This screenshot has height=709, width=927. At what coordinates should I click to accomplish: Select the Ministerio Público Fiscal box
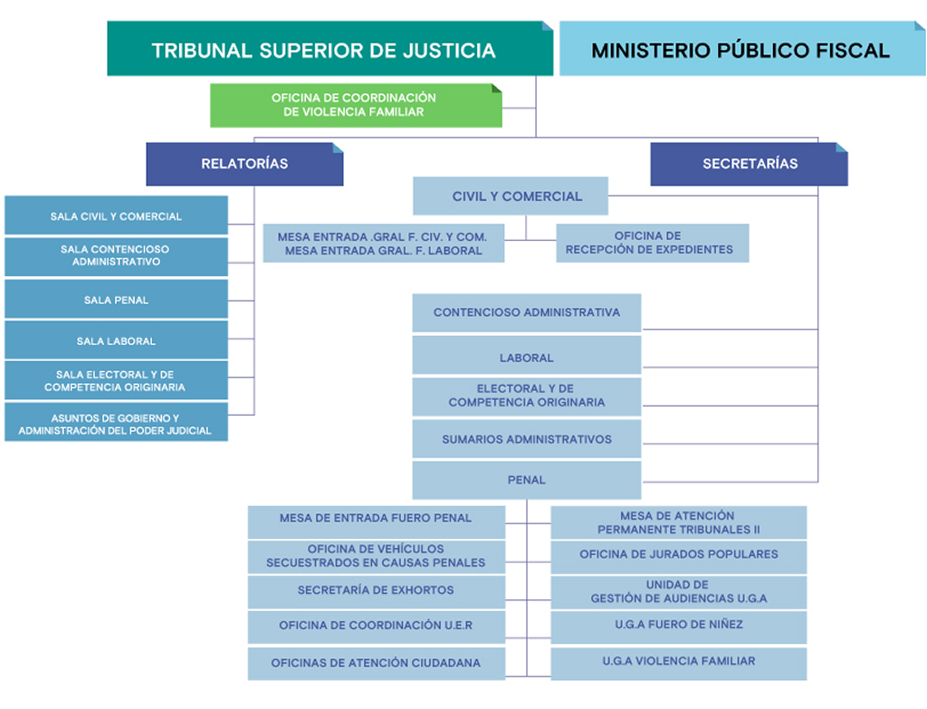point(741,49)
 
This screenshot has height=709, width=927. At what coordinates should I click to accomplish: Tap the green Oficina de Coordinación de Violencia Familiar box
point(356,105)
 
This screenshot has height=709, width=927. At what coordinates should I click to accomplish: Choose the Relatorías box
point(244,164)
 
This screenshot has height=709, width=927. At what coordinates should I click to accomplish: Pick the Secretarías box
point(749,164)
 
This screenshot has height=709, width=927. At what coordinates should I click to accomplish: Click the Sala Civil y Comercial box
point(116,216)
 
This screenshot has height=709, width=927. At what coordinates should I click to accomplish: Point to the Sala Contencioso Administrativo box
point(116,256)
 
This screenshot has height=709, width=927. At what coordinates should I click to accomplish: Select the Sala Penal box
point(116,300)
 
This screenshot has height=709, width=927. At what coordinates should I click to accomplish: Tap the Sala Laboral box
point(116,341)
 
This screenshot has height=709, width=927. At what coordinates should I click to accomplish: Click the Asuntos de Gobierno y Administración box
point(116,424)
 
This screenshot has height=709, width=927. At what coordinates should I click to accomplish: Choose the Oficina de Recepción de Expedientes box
point(652,243)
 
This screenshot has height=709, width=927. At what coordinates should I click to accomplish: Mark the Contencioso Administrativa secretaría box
point(527,312)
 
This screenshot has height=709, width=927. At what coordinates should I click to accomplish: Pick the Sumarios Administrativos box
point(527,439)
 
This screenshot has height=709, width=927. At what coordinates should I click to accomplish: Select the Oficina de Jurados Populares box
point(678,555)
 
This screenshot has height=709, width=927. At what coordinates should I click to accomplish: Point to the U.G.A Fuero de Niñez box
point(678,626)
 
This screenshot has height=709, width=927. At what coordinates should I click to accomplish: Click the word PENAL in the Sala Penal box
point(129,300)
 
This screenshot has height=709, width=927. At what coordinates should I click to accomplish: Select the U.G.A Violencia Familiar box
point(678,662)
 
